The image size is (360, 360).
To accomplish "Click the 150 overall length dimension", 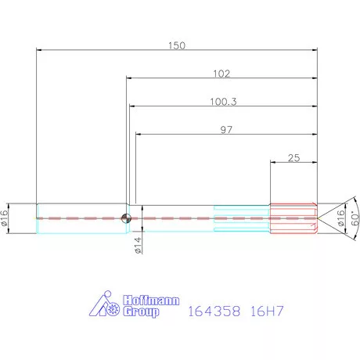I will click(177, 45).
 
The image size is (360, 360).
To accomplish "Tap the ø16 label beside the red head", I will click(340, 218).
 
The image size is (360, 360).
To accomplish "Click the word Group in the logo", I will click(141, 311).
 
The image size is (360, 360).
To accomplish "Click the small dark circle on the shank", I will click(125, 218).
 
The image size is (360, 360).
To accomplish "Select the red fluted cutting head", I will click(291, 218).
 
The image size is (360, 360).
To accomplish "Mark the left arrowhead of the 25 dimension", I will click(273, 163).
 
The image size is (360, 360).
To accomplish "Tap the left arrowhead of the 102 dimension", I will click(129, 78).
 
